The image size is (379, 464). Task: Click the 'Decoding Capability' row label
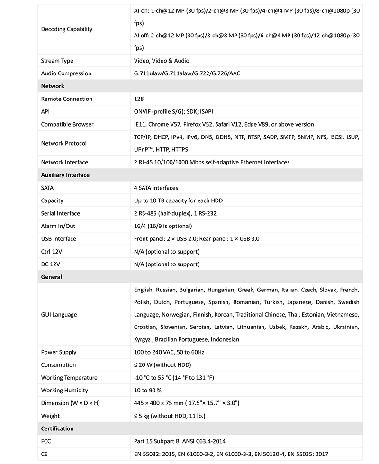pos(67,29)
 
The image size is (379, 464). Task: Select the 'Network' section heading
pos(53,86)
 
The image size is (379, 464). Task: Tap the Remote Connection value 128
pos(139,99)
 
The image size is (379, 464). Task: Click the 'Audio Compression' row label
pos(66,73)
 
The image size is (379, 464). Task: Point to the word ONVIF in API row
pos(144,112)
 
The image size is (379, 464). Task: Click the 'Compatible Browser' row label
pos(67,125)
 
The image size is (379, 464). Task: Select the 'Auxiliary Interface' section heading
pos(65,175)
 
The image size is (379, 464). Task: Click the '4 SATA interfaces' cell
pos(156,188)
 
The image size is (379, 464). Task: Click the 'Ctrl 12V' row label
pos(52,252)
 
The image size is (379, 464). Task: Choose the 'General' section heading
pos(52,277)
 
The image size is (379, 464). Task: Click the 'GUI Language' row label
pos(59,315)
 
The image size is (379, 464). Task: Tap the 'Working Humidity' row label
pos(64,391)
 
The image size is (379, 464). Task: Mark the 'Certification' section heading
pos(57,429)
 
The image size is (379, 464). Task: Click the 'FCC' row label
pos(46,442)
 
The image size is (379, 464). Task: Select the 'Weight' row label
pos(50,416)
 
